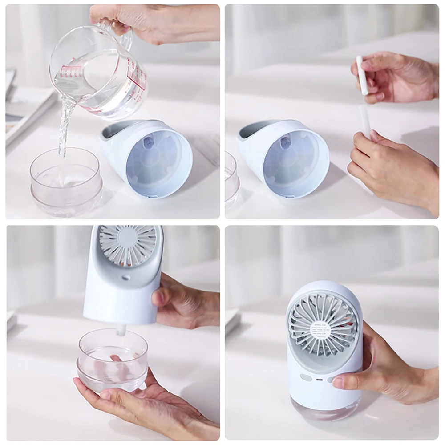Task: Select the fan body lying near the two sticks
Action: pos(285,156)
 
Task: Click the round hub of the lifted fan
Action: pos(128,242)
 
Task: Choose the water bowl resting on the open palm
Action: pos(112,360)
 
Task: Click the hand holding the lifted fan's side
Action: pos(182,303)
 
